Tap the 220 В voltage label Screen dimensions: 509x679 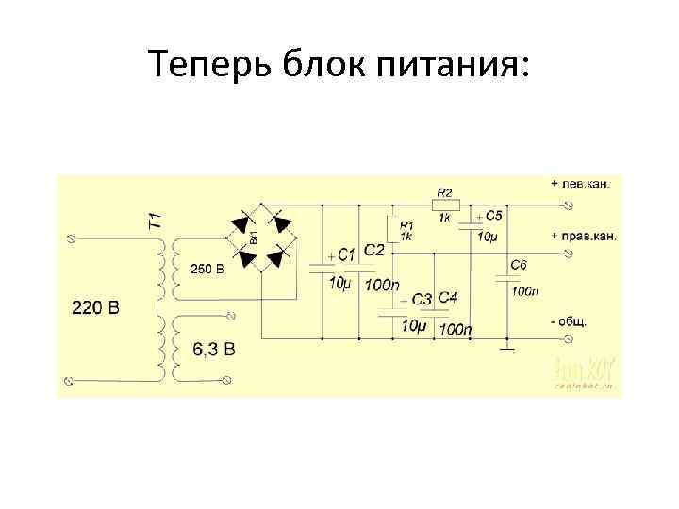point(96,307)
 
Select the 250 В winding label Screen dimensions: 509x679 point(207,269)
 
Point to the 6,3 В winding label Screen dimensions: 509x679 point(215,350)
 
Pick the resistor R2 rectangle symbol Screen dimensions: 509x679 point(445,205)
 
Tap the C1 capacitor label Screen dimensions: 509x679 point(345,254)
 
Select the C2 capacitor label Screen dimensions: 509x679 point(373,249)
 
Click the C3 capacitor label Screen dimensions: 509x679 point(422,300)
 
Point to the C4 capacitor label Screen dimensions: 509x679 point(448,298)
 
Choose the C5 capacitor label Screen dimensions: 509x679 point(494,216)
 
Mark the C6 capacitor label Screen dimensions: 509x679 point(519,266)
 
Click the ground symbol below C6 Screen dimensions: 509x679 point(506,350)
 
